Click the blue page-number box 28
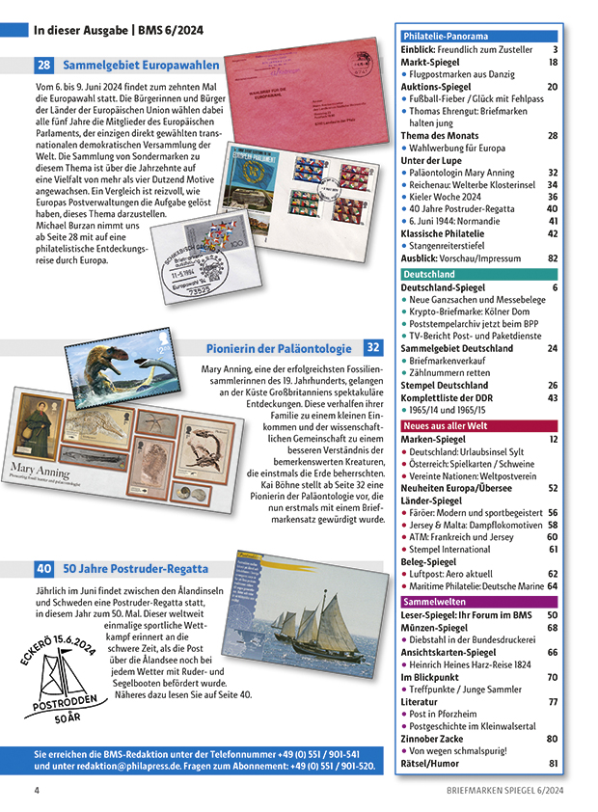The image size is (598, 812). [x=44, y=66]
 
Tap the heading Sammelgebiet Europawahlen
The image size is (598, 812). [x=141, y=66]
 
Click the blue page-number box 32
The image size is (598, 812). [x=373, y=348]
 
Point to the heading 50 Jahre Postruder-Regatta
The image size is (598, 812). [x=136, y=569]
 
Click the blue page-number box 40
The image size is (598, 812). [x=44, y=569]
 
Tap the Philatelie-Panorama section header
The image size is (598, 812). [x=445, y=37]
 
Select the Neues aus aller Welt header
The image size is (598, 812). [x=445, y=425]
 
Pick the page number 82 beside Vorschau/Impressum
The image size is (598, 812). [x=553, y=258]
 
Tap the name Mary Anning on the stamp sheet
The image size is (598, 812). [x=39, y=473]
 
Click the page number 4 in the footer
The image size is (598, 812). [x=37, y=791]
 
